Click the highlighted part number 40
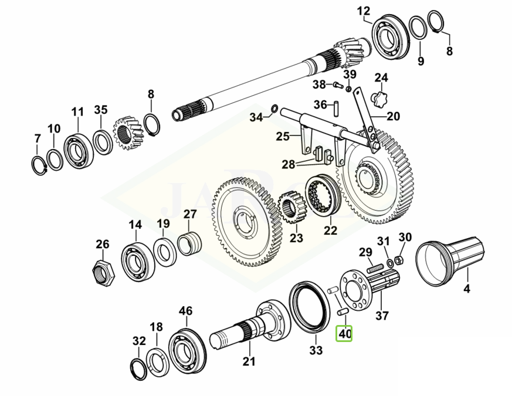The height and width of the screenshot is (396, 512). click(x=344, y=334)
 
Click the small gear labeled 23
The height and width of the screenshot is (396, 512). click(x=292, y=211)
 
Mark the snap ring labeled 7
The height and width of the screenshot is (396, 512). click(x=39, y=166)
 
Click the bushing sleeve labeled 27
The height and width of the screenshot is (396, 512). click(x=189, y=242)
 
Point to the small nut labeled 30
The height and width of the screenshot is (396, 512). click(x=398, y=259)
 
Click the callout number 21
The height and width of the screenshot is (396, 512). click(x=249, y=361)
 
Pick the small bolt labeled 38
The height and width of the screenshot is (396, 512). click(x=337, y=86)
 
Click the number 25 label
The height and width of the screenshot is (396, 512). click(x=283, y=137)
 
